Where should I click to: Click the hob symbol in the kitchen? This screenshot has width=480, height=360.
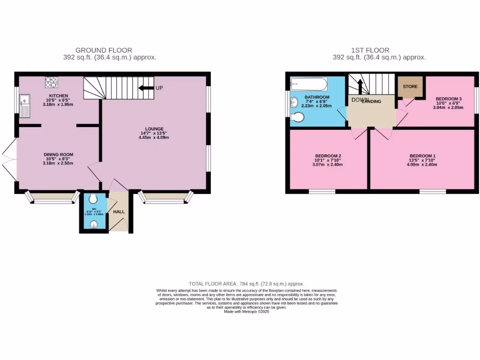[x=51, y=82]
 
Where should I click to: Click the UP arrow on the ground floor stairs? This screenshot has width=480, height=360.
[x=146, y=88]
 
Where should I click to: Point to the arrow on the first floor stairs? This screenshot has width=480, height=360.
[x=360, y=87]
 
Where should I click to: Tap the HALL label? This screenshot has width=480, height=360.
[x=119, y=212]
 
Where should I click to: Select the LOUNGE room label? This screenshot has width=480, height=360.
[x=154, y=128]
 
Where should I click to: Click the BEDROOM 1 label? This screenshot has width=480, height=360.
[x=422, y=156]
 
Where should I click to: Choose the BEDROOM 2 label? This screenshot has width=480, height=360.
[x=328, y=156]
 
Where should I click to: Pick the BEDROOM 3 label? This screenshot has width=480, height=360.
[x=449, y=99]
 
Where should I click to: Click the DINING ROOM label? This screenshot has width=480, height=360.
[x=58, y=155]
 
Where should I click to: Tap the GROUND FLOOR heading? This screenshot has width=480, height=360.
[x=104, y=50]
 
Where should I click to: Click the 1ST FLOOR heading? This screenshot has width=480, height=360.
[x=370, y=50]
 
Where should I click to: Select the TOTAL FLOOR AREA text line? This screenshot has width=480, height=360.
[x=246, y=284]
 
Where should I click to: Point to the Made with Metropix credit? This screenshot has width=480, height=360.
[x=246, y=312]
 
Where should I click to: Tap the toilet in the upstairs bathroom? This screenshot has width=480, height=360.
[x=296, y=118]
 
